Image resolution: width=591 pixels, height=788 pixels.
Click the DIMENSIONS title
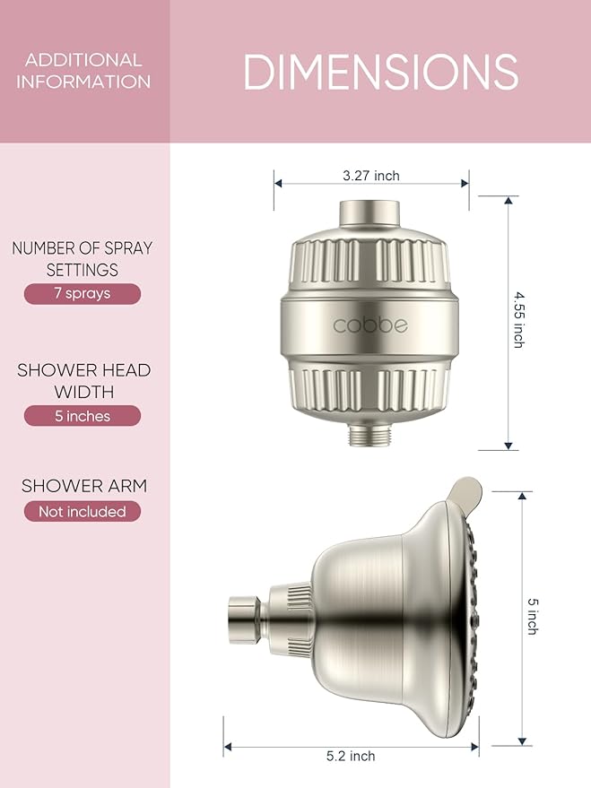380,72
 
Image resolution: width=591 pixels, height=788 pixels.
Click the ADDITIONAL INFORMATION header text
83,71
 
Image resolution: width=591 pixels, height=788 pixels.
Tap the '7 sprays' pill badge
83,294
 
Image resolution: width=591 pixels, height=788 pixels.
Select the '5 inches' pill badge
83,416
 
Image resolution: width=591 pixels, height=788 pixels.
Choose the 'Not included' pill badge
83,512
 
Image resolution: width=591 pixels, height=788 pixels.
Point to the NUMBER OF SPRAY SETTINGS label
83,258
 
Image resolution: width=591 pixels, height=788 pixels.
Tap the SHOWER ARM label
83,486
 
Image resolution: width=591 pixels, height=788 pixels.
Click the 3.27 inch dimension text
371,176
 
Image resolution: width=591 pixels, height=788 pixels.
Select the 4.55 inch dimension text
518,318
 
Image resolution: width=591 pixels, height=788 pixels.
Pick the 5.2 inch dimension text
350,757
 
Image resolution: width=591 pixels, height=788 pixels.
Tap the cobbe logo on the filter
370,324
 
